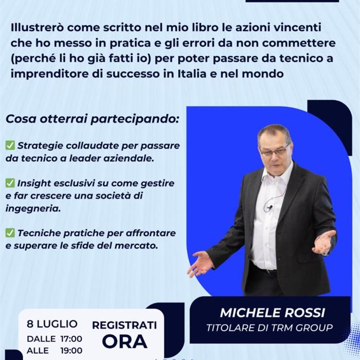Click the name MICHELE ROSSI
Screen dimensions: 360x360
point(272,313)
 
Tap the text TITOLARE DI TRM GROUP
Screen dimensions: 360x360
point(269,328)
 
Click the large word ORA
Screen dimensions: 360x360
point(124,341)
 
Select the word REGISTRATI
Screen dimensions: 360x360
point(124,326)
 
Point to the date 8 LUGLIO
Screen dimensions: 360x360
point(52,324)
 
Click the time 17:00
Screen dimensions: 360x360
point(71,339)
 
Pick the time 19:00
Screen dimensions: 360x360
point(71,351)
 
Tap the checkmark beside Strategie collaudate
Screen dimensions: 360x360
point(10,146)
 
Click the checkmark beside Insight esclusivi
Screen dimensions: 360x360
point(10,183)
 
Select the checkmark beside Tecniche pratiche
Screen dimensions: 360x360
point(10,233)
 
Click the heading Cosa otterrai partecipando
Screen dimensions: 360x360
point(92,119)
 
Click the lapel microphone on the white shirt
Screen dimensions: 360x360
point(270,208)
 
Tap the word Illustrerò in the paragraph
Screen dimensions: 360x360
point(38,28)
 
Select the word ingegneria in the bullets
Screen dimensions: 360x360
point(33,209)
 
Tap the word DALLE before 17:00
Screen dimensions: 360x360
point(41,339)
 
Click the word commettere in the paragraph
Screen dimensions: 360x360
point(299,43)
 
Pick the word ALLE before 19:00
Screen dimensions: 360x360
point(38,351)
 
